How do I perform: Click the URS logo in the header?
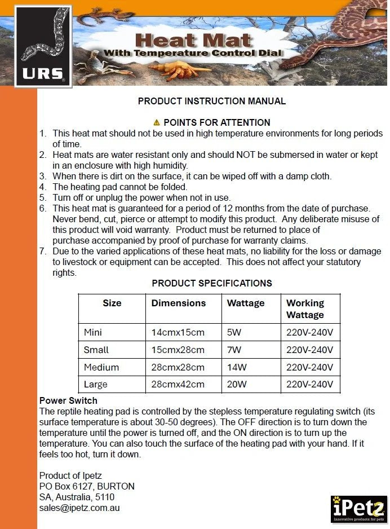click(43, 46)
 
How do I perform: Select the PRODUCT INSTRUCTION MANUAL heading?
click(212, 102)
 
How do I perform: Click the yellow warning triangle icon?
click(157, 122)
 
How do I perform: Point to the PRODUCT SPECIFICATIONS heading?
click(212, 283)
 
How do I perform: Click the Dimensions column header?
click(179, 303)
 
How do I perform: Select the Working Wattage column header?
click(305, 308)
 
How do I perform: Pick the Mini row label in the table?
click(93, 332)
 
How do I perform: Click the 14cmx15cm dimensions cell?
click(178, 332)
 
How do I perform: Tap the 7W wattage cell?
click(233, 350)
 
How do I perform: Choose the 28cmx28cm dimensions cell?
click(178, 367)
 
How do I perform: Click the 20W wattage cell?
click(237, 385)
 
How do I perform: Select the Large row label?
click(95, 385)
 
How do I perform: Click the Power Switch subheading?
click(68, 401)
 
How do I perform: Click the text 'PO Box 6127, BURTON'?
click(87, 486)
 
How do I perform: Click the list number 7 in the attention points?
click(43, 251)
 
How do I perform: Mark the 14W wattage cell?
click(237, 367)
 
